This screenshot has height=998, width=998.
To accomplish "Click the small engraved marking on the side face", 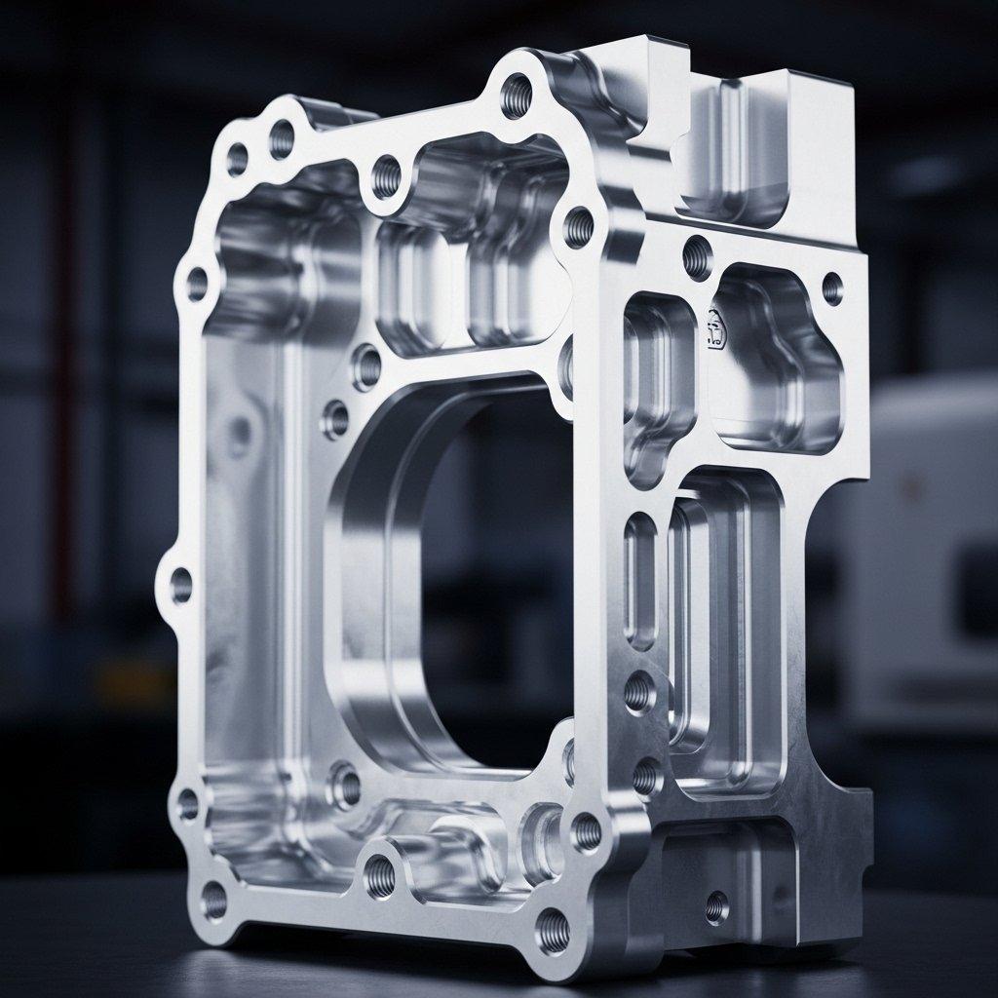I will pyautogui.click(x=715, y=329).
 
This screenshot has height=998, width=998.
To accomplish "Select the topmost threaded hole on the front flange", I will pyautogui.click(x=516, y=96).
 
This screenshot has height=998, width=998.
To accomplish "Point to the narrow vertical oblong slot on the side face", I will pyautogui.click(x=640, y=581).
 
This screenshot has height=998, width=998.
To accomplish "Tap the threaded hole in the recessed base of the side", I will pyautogui.click(x=716, y=907).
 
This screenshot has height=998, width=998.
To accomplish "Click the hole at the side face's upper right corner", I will pyautogui.click(x=832, y=288).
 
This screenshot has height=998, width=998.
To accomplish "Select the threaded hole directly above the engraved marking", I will pyautogui.click(x=697, y=257).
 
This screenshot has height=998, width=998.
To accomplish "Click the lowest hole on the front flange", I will pyautogui.click(x=553, y=930).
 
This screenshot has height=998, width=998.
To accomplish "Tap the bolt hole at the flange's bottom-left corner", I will pyautogui.click(x=212, y=902).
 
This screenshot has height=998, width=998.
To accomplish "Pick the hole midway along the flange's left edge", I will pyautogui.click(x=181, y=585).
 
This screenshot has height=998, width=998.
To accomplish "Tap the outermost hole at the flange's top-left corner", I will pyautogui.click(x=237, y=159).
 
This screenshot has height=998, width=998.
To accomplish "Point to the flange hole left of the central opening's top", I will pyautogui.click(x=367, y=367).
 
